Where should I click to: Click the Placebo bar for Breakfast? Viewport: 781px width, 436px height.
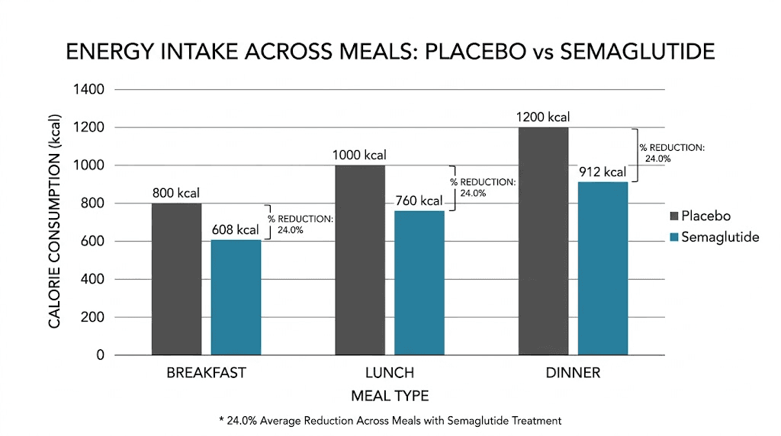(x=176, y=279)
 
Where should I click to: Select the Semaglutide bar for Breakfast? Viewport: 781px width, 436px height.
(x=236, y=298)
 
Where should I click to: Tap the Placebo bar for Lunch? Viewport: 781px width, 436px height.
(x=359, y=260)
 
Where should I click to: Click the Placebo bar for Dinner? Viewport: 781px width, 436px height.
(x=543, y=241)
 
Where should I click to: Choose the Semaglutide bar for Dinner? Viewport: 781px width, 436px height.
(x=603, y=268)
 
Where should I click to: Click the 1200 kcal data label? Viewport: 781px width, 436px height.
(x=542, y=117)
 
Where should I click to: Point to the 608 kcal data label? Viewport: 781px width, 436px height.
(x=236, y=229)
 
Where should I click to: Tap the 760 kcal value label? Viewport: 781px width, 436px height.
(x=418, y=201)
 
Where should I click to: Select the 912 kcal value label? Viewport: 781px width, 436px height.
(x=603, y=172)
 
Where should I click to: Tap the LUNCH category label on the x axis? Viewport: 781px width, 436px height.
(x=389, y=373)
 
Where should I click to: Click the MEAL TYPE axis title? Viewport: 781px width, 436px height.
(x=390, y=396)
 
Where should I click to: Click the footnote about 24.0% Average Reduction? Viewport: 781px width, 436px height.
(x=390, y=420)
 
